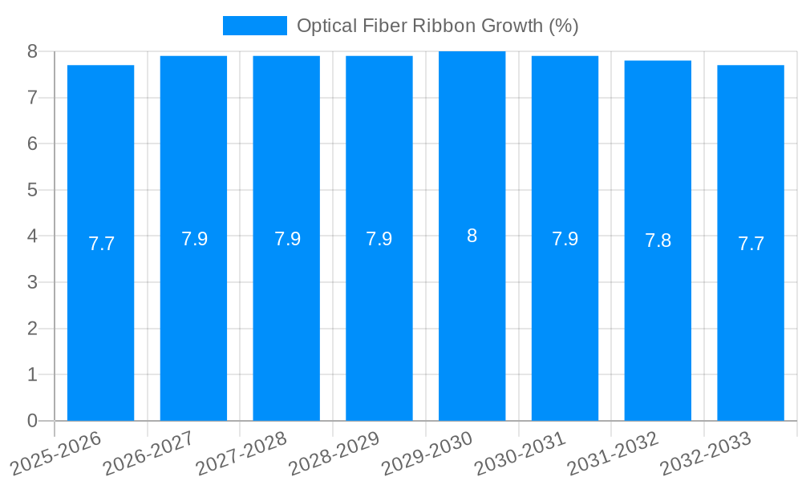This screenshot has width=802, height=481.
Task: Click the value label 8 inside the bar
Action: (472, 236)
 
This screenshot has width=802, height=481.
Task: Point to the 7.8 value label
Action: (658, 240)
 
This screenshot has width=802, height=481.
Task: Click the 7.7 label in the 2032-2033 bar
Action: (751, 244)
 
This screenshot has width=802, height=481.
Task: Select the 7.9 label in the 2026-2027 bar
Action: (194, 239)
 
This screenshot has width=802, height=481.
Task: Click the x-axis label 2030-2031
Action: (520, 454)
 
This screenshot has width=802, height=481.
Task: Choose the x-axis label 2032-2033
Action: (705, 454)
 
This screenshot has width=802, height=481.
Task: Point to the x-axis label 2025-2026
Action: (55, 454)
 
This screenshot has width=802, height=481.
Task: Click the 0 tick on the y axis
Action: (32, 421)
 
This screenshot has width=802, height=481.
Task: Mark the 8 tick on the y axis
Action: (32, 51)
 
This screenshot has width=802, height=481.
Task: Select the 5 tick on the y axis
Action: (32, 190)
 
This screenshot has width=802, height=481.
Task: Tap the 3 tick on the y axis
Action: (32, 282)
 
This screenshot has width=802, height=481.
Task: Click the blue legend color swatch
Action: (254, 26)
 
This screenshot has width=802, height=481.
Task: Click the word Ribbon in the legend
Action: (443, 26)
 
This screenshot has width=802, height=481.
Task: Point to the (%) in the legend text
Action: (563, 26)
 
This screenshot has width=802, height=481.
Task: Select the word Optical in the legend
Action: (325, 26)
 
